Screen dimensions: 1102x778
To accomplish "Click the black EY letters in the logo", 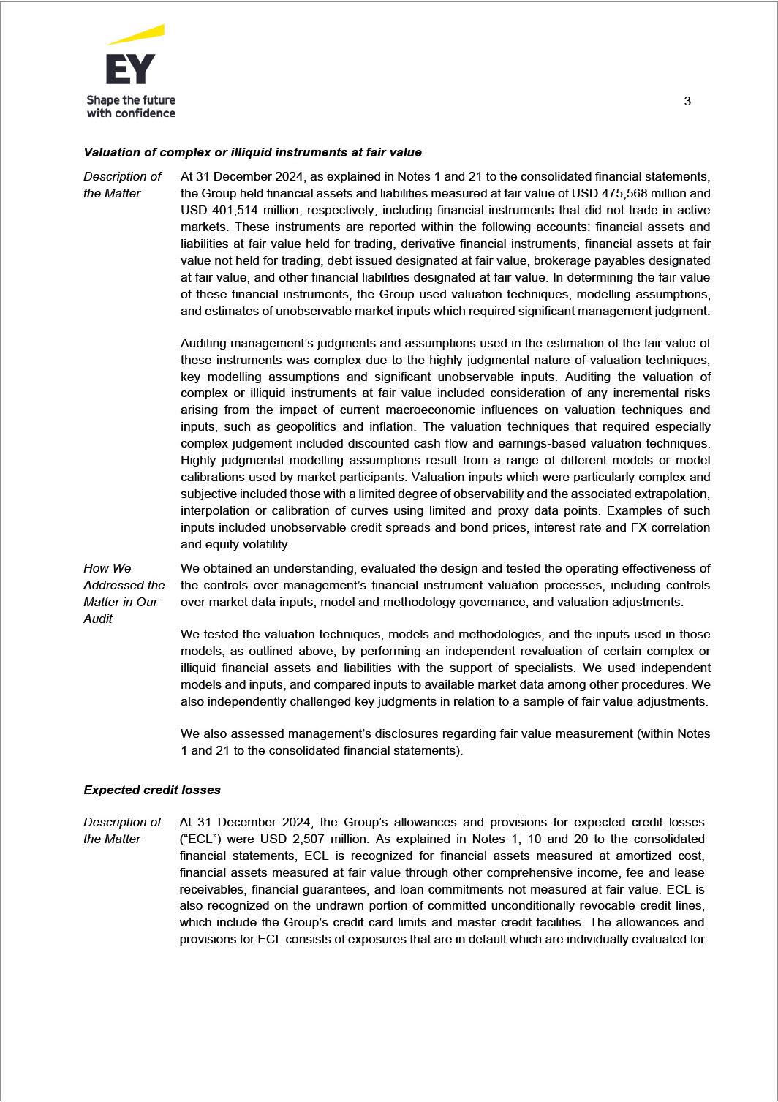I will click(130, 69).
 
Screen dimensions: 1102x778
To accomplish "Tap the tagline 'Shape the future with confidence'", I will click(131, 106).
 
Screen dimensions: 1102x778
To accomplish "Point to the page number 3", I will click(687, 101).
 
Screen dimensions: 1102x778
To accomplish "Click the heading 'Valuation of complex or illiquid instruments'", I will click(252, 152).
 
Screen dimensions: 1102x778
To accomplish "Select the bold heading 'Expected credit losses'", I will click(152, 790).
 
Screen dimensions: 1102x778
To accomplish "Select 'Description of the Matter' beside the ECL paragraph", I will click(122, 830).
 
